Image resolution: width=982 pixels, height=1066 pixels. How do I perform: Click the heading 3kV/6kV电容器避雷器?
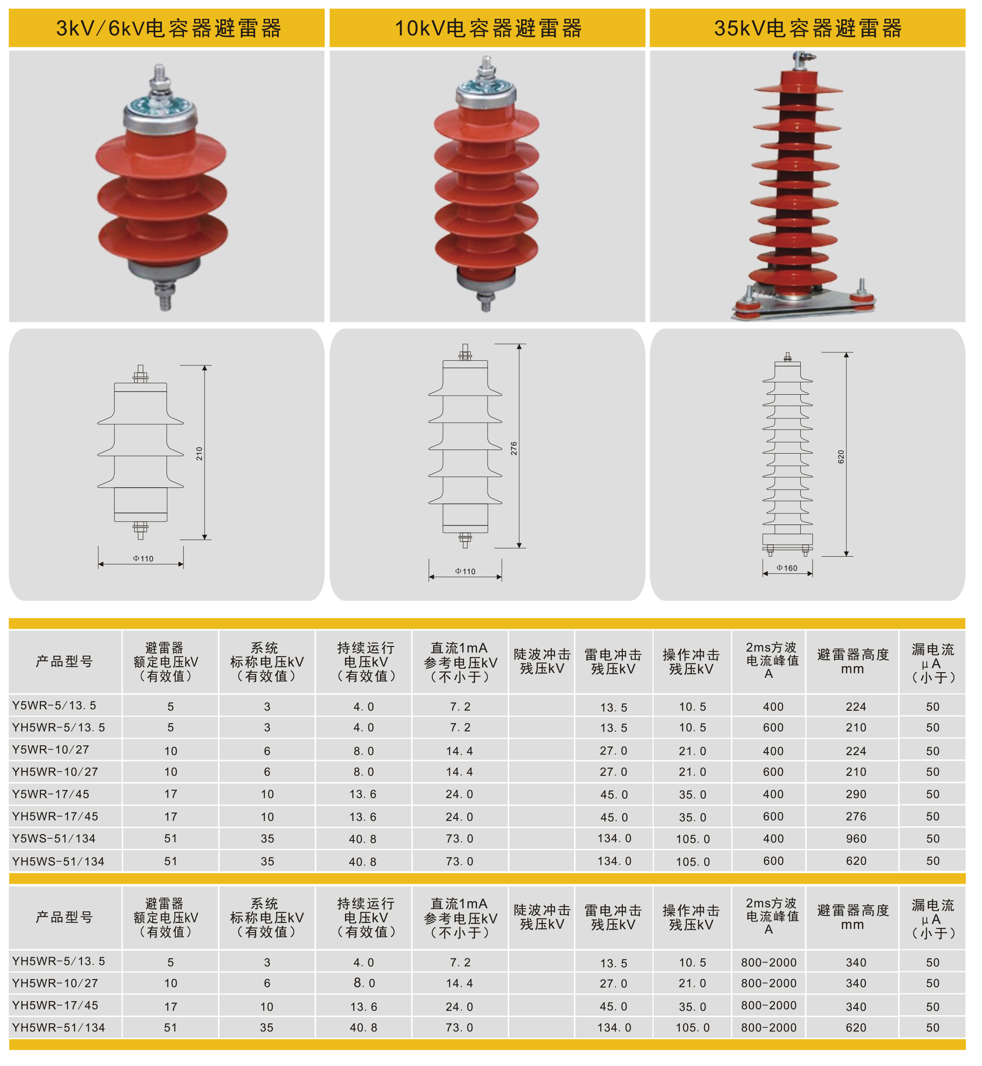168,28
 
